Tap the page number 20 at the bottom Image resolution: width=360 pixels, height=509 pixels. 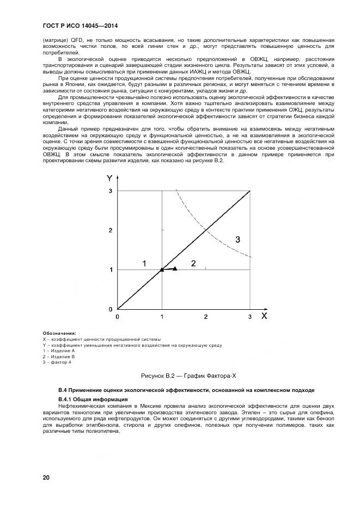point(46,477)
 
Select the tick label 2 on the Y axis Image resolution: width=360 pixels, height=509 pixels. point(110,230)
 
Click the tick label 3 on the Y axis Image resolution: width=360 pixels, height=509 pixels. point(110,191)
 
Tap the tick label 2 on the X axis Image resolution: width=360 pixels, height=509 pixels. point(206,316)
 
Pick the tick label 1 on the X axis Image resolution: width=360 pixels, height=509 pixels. point(162,316)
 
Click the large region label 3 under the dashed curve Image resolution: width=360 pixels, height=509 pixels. point(237,238)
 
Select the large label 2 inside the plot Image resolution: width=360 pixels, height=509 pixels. point(193,263)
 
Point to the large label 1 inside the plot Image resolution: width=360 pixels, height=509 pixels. point(144,263)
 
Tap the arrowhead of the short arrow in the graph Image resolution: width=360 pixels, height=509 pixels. point(174,268)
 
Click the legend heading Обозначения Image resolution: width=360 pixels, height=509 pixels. point(59,333)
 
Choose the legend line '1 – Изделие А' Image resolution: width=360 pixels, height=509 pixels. point(58,351)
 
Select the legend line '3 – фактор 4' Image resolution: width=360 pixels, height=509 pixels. point(57,362)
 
